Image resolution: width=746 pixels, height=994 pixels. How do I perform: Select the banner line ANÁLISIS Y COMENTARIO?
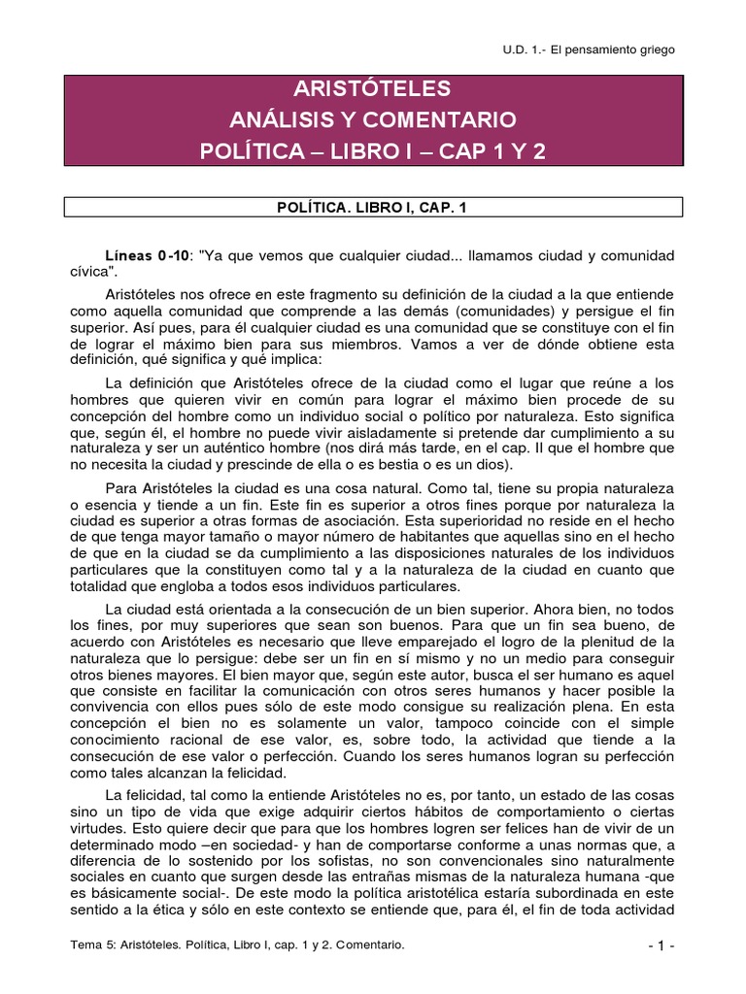[373, 121]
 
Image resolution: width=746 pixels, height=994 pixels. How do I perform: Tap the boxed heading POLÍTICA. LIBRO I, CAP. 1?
[373, 206]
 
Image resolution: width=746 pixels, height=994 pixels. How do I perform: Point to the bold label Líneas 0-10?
[147, 255]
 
